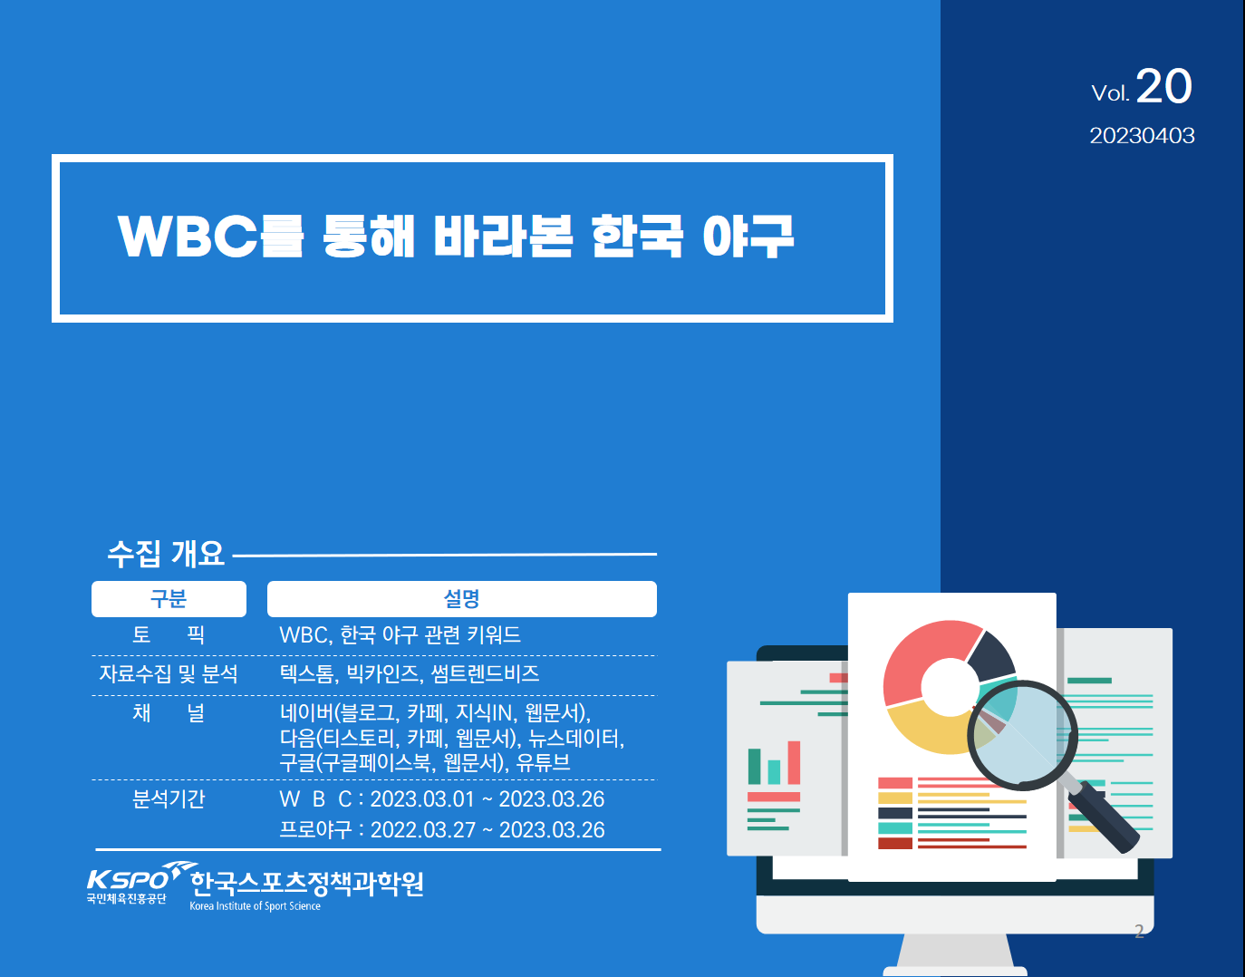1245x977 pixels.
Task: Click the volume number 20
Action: (1163, 87)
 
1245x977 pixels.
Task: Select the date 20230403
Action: (1142, 136)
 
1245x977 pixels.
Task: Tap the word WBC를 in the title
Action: (210, 236)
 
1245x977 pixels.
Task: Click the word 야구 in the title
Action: (748, 236)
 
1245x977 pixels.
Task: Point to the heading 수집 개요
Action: (166, 554)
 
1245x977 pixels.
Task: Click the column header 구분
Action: (169, 599)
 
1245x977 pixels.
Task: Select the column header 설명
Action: (462, 599)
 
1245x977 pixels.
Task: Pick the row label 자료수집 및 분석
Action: (169, 674)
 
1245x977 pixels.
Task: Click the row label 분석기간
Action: (169, 798)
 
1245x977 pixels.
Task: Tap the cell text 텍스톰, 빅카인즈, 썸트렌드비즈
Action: (409, 674)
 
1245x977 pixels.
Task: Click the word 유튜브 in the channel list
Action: (543, 762)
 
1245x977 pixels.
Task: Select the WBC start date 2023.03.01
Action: (422, 799)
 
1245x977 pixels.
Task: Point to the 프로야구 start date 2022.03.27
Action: (423, 830)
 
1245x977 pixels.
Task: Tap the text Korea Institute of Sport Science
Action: (255, 906)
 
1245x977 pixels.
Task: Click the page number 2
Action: (1139, 931)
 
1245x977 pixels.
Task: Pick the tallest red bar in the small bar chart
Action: (794, 763)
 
